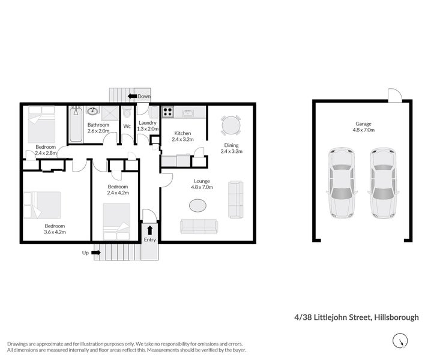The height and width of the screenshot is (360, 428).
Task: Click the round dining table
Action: click(230, 125)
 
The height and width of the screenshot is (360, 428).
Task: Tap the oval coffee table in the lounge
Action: click(199, 206)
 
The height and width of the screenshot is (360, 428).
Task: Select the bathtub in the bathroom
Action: click(76, 124)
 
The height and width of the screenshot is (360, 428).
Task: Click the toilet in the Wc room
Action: click(127, 115)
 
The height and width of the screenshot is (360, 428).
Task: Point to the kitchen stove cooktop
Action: click(167, 112)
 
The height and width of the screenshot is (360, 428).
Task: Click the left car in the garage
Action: click(340, 182)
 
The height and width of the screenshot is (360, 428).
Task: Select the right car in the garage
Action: click(382, 182)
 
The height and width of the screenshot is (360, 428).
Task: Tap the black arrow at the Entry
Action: click(149, 229)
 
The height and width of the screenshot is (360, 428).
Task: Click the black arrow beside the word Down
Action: click(131, 96)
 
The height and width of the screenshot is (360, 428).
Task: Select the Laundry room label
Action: click(147, 125)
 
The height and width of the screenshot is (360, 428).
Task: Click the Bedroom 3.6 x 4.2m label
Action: click(55, 229)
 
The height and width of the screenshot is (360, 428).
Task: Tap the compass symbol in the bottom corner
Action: click(398, 341)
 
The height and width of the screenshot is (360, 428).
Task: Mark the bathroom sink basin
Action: click(93, 111)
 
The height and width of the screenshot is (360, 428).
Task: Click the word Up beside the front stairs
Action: click(85, 253)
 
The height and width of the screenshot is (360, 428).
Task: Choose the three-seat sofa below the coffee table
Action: click(199, 226)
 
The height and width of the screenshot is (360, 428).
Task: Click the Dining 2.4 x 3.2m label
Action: click(231, 148)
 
